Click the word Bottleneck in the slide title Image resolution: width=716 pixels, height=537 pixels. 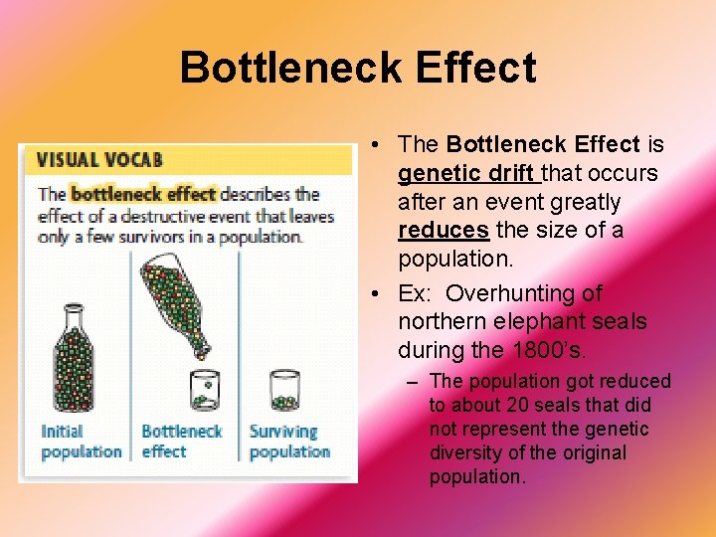point(289,69)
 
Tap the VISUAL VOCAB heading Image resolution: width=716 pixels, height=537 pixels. point(99,160)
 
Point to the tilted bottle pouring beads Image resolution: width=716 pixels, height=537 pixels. point(179,302)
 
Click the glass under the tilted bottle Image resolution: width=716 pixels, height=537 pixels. point(205,390)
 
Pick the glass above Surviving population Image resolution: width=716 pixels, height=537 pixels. point(284,390)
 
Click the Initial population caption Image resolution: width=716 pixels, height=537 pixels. point(81,442)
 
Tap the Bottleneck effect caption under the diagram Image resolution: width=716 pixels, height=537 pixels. point(181,442)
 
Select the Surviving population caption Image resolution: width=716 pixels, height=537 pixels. point(289,442)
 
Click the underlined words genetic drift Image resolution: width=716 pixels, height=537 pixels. point(467,174)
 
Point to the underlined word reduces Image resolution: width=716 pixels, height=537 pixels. point(444,231)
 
